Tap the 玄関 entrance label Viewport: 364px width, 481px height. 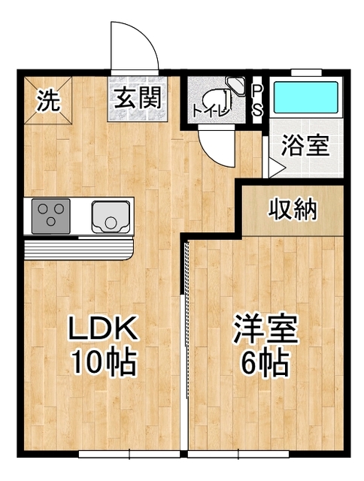(138, 98)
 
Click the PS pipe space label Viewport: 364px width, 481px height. (257, 99)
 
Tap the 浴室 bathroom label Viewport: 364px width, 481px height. (306, 145)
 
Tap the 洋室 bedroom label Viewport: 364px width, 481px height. (265, 329)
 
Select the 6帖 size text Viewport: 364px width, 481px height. (265, 364)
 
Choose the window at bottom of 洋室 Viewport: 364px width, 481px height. (239, 454)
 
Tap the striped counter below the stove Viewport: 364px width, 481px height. (79, 247)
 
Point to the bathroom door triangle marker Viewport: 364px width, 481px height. (275, 168)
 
